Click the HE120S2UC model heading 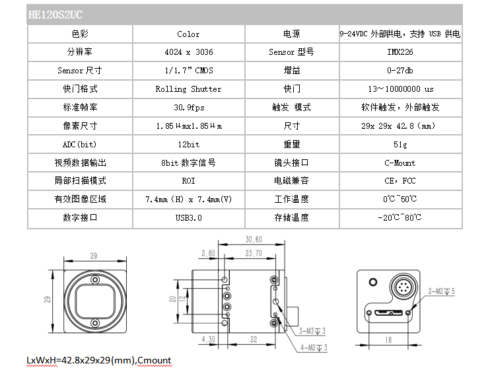[x=55, y=15]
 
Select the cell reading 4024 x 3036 [x=189, y=52]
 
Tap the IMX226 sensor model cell [x=400, y=52]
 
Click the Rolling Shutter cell [x=189, y=89]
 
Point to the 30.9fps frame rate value [x=189, y=108]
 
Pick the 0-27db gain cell [x=400, y=71]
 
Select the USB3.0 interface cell [x=189, y=217]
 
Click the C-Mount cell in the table [x=400, y=163]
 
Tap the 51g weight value [x=400, y=145]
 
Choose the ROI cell [x=189, y=181]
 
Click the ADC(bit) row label [x=80, y=145]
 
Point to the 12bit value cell [x=189, y=145]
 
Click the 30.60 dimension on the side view [x=254, y=239]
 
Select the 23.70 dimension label [x=254, y=253]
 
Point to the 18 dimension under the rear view [x=388, y=340]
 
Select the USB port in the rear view [x=389, y=313]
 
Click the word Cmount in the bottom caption [x=154, y=360]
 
